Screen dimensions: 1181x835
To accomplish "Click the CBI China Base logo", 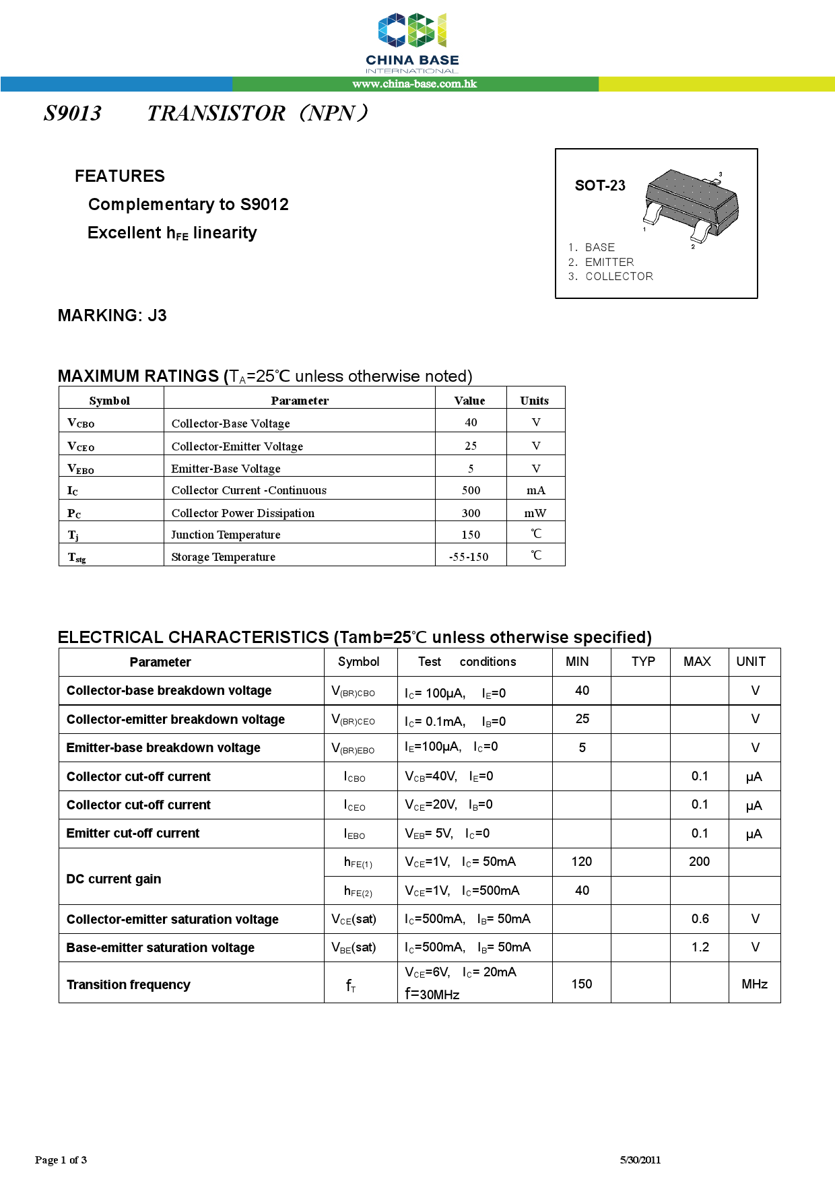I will coord(412,42).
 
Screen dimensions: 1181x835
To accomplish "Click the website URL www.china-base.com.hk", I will coord(414,84).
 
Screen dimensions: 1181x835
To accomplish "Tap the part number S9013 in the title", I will coord(73,113).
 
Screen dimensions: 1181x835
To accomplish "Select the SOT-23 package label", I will coord(600,186).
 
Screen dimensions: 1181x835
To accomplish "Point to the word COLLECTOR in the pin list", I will coord(619,277).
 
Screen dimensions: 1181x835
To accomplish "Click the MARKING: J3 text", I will coord(112,316).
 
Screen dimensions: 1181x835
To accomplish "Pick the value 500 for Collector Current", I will coord(471,490).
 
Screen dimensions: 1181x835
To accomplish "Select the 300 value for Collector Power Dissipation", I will coord(471,513).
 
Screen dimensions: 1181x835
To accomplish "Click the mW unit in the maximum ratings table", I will coord(535,513).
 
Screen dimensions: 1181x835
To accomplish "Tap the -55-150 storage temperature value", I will coord(469,557).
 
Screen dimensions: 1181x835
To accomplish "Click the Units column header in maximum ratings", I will coord(534,401).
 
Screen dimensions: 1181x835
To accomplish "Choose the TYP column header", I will coord(643,662).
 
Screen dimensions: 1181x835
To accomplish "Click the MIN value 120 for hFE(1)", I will coord(582,862).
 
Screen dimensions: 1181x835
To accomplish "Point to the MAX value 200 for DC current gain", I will coord(699,862).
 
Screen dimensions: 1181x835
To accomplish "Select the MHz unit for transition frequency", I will coord(754,984).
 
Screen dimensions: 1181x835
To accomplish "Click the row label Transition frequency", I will coord(129,985).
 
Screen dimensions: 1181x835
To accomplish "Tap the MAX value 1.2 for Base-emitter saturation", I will coord(700,947).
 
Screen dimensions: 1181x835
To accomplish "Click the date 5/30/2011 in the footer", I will coord(640,1160).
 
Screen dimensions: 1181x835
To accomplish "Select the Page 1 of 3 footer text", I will coord(61,1160).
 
